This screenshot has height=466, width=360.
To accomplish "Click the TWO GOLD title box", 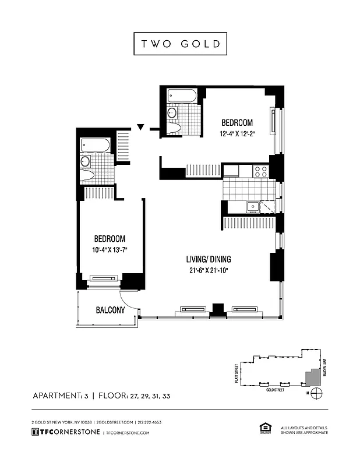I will point(179,44).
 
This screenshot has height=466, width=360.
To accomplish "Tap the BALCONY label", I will point(110,310).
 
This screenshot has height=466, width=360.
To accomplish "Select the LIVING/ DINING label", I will point(206,259).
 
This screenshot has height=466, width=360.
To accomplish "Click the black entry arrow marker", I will point(140,126).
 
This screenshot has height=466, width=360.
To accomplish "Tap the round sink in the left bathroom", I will point(86,161).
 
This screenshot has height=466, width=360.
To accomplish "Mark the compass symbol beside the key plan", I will point(317,393).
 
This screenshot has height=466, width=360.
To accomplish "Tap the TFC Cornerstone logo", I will point(65,432).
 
